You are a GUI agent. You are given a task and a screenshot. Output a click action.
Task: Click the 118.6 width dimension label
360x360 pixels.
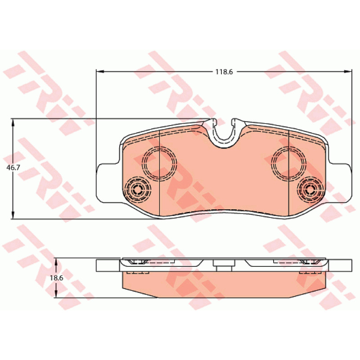[x=224, y=72]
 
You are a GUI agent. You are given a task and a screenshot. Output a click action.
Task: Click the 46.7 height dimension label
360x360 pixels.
[x=13, y=167]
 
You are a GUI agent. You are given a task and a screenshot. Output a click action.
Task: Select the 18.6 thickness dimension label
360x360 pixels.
[x=57, y=278]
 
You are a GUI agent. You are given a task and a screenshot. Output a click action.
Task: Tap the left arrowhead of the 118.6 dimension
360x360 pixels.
[x=100, y=72]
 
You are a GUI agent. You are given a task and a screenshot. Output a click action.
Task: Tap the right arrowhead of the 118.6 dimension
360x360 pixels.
[x=347, y=72]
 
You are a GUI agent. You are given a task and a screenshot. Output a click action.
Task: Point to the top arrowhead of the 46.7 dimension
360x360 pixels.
[x=13, y=123]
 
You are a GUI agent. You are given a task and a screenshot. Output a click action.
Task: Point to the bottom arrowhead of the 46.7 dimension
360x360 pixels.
[x=13, y=215]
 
